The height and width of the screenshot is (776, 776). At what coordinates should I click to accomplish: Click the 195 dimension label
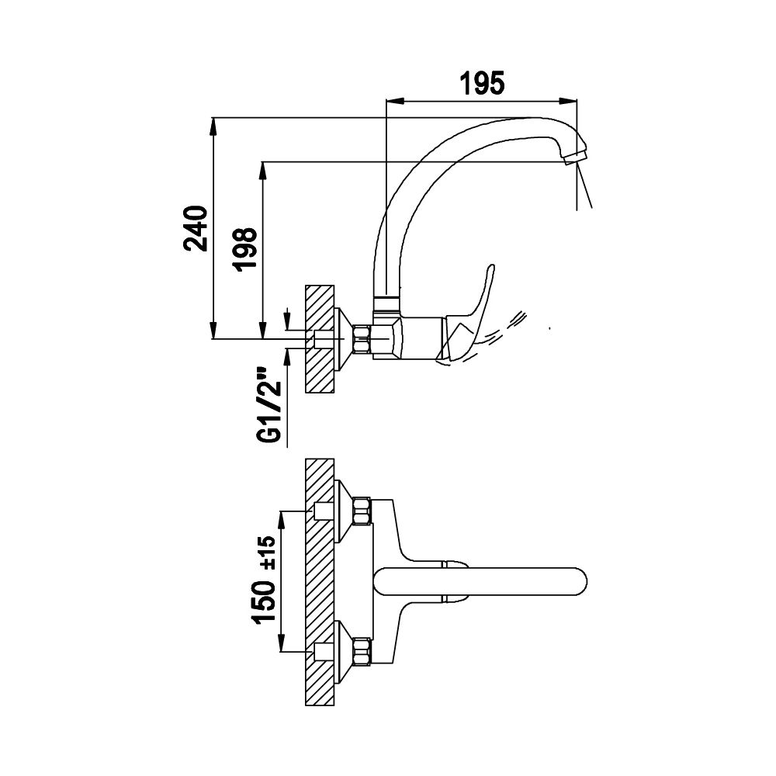tap(483, 83)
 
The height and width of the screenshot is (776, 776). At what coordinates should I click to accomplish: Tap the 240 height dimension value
tap(196, 229)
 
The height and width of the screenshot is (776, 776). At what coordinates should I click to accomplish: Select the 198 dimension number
tap(246, 248)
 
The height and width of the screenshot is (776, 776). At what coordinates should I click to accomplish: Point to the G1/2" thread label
tap(270, 404)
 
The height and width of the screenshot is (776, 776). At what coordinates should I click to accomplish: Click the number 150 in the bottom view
tap(265, 602)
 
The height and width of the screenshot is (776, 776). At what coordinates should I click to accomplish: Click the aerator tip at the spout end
tap(574, 158)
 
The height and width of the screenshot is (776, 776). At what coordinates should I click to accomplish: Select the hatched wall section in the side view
tap(320, 339)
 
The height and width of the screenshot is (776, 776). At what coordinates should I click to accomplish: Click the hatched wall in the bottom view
tap(320, 581)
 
